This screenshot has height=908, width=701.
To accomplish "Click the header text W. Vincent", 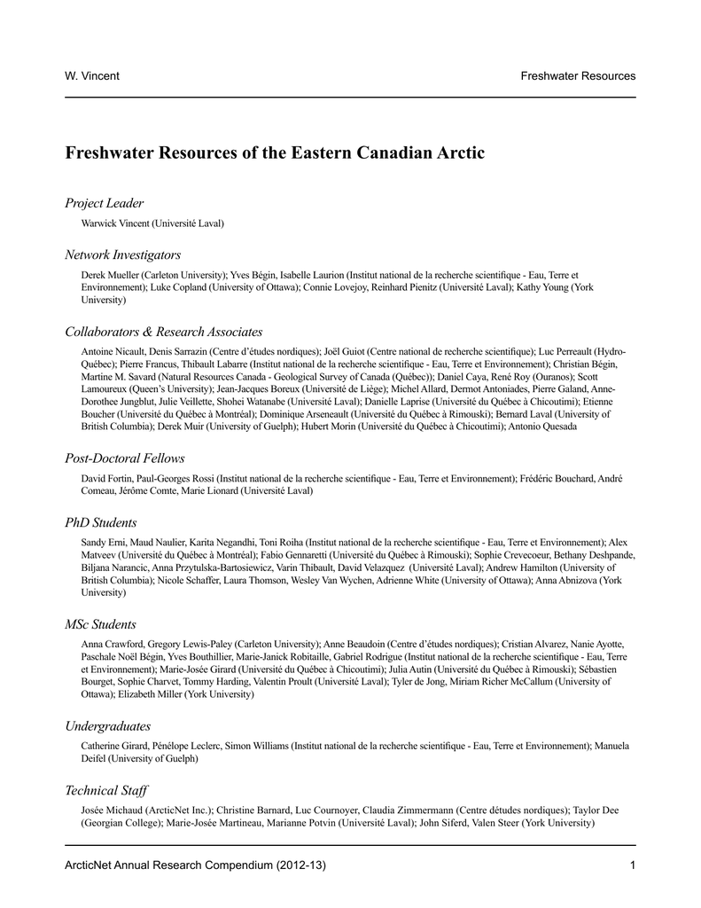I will pos(93,75).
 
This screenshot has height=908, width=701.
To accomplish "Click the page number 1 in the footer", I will pos(633,865).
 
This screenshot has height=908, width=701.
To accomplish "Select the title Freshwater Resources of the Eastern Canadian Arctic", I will pos(275,153).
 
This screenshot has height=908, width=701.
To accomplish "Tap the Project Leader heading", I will pos(104,204).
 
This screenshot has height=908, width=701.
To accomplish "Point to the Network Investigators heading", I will pos(122,255).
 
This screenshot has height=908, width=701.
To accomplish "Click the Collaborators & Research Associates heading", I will pos(163,332).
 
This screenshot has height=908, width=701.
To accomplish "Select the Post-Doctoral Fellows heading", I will pos(124,458).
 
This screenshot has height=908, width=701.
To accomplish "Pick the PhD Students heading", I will pos(100,522).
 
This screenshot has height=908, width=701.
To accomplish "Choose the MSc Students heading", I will pos(100,624).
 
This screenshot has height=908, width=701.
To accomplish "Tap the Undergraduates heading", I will pos(107,726).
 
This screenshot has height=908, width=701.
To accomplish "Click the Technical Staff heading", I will pos(106,790).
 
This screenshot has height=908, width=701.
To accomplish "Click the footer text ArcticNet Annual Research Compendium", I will pos(166,865).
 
